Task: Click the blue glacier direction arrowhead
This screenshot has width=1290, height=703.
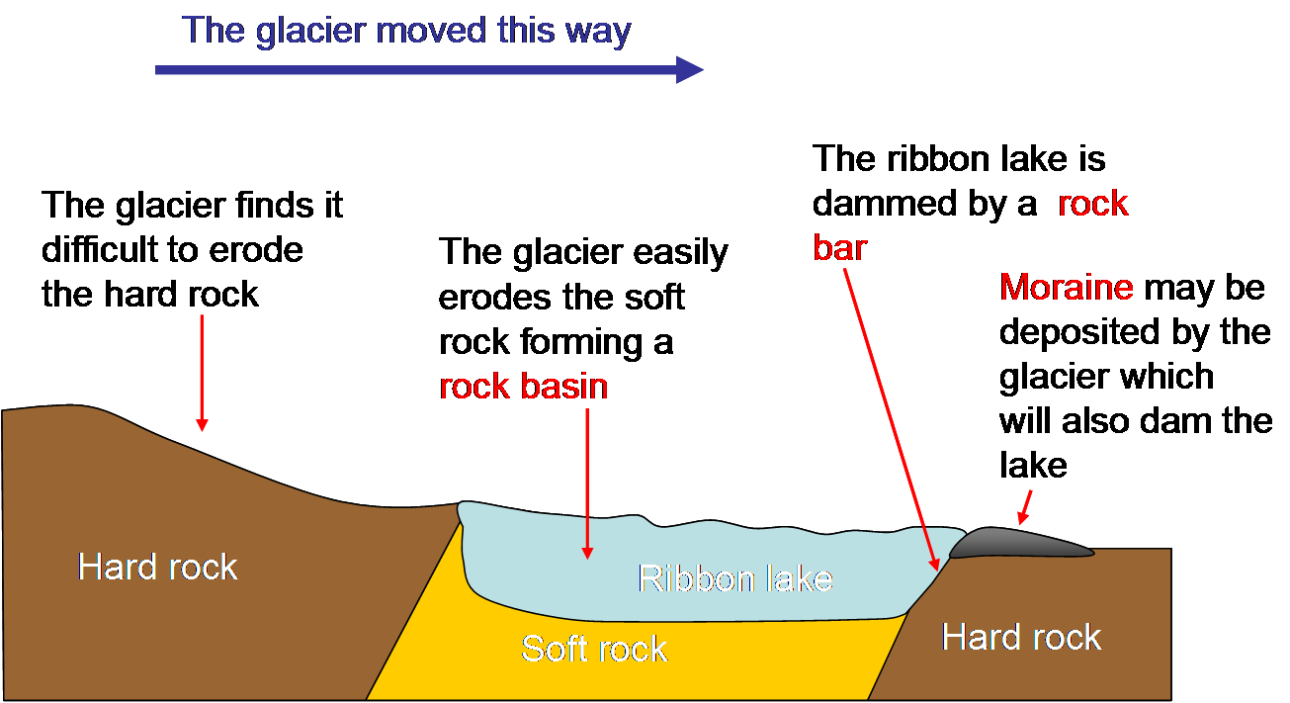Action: pyautogui.click(x=690, y=69)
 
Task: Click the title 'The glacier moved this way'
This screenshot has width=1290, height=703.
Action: pyautogui.click(x=406, y=31)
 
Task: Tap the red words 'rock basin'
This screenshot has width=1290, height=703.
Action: pyautogui.click(x=523, y=386)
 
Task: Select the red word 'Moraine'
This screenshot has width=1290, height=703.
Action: pyautogui.click(x=1067, y=288)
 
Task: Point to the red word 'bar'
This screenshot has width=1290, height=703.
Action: pyautogui.click(x=839, y=247)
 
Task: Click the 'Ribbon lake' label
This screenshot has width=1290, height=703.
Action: pyautogui.click(x=734, y=577)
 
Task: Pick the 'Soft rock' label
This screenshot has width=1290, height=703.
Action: pyautogui.click(x=594, y=649)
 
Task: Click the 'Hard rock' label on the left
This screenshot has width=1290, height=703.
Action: pyautogui.click(x=158, y=567)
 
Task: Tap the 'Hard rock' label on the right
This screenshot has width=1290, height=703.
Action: pyautogui.click(x=1021, y=637)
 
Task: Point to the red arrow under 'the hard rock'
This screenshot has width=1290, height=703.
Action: pyautogui.click(x=202, y=371)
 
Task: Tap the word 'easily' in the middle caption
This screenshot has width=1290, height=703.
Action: pyautogui.click(x=674, y=253)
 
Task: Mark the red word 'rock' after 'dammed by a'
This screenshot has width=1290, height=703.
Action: pyautogui.click(x=1092, y=203)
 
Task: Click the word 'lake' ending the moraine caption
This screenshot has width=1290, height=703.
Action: pyautogui.click(x=1033, y=464)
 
